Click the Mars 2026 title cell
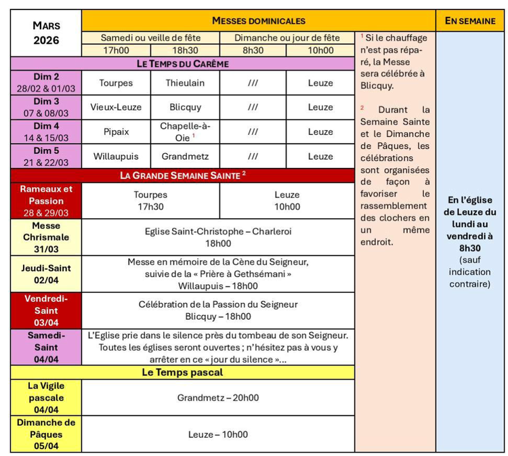pyautogui.click(x=46, y=33)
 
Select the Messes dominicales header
pyautogui.click(x=258, y=21)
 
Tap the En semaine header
pyautogui.click(x=470, y=21)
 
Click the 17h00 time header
pyautogui.click(x=116, y=50)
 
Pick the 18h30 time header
pyautogui.click(x=184, y=50)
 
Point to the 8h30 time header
pyautogui.click(x=253, y=50)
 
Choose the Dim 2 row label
pyautogui.click(x=46, y=83)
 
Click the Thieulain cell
pyautogui.click(x=184, y=83)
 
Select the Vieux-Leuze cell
pyautogui.click(x=116, y=107)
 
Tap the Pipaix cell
pyautogui.click(x=116, y=131)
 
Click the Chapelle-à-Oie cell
pyautogui.click(x=184, y=131)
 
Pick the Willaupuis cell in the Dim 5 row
pyautogui.click(x=116, y=156)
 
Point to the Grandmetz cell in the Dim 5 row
pyautogui.click(x=184, y=156)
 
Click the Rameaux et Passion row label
pyautogui.click(x=46, y=201)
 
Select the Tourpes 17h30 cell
pyautogui.click(x=150, y=201)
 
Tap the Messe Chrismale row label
pyautogui.click(x=46, y=237)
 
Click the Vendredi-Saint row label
pyautogui.click(x=46, y=310)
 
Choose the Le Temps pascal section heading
pyautogui.click(x=183, y=372)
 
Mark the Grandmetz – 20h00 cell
pyautogui.click(x=218, y=398)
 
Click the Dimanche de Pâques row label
pyautogui.click(x=46, y=434)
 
